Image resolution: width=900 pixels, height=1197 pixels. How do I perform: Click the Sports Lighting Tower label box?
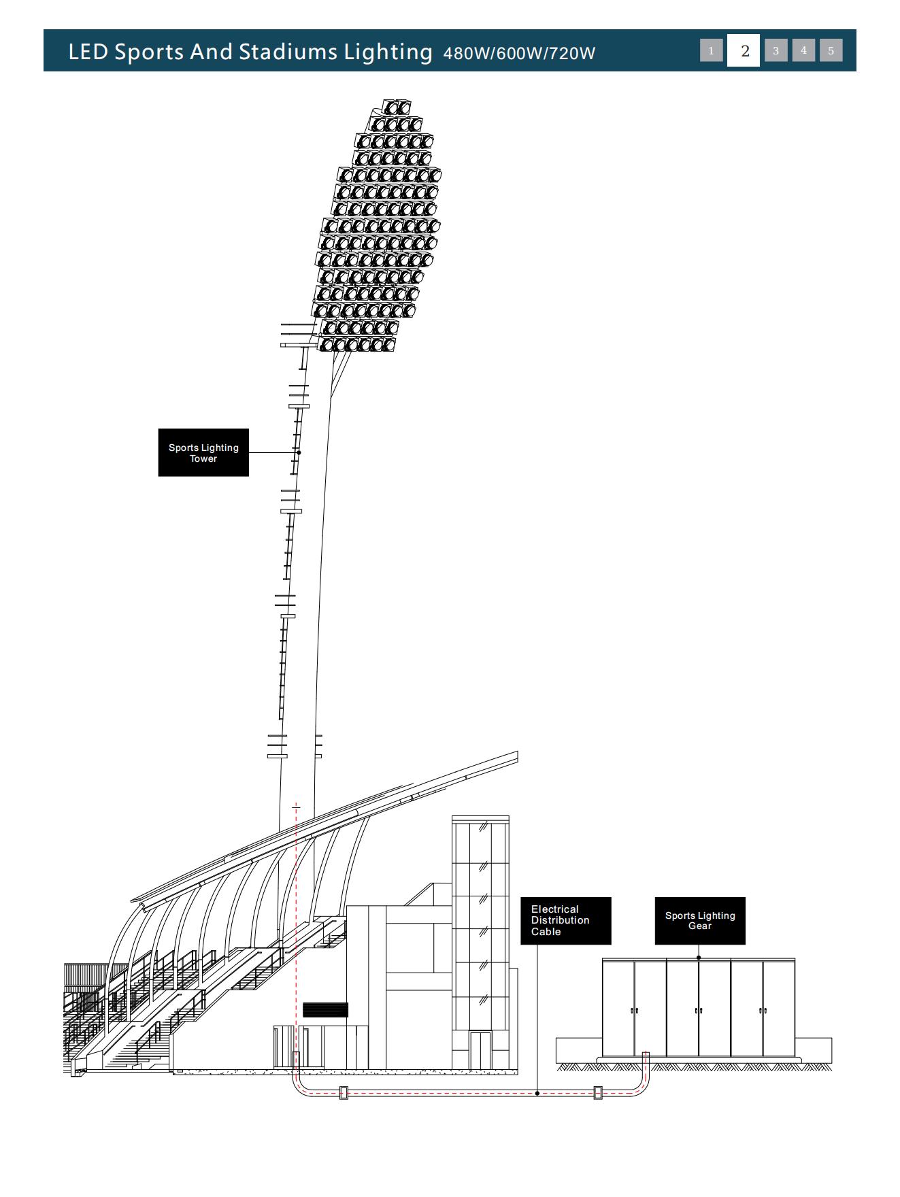coord(203,452)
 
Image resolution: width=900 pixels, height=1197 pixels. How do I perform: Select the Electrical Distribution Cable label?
coord(566,920)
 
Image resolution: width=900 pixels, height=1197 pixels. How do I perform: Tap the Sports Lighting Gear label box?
coord(700,920)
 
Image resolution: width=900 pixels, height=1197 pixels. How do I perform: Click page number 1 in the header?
coord(712,50)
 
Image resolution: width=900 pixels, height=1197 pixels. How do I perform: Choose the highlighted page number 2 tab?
coord(745,50)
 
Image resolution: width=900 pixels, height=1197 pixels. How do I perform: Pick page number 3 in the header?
coord(776,50)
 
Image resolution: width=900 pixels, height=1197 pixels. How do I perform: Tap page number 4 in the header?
coord(803,50)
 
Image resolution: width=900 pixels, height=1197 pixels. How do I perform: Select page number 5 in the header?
coord(831,50)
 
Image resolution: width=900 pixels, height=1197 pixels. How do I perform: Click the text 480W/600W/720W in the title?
coord(519,53)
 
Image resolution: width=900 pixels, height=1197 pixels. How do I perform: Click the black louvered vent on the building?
coord(325,1010)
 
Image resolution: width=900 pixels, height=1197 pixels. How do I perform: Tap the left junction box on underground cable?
coord(344,1093)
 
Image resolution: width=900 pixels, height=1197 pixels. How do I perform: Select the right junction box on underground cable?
coord(598,1093)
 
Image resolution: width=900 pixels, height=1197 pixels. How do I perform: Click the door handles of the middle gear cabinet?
coord(699,1011)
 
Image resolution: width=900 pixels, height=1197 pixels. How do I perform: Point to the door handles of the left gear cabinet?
coord(634,1011)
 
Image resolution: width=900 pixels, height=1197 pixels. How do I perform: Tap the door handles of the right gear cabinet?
coord(763,1011)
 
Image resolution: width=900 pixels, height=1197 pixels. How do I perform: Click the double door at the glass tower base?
coord(481,1050)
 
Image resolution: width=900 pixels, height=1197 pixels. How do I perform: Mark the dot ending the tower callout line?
coord(299,452)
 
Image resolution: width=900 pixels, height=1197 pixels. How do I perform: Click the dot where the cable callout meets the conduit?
coord(537,1094)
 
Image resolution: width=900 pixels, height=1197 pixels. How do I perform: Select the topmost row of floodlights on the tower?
coord(397,107)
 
